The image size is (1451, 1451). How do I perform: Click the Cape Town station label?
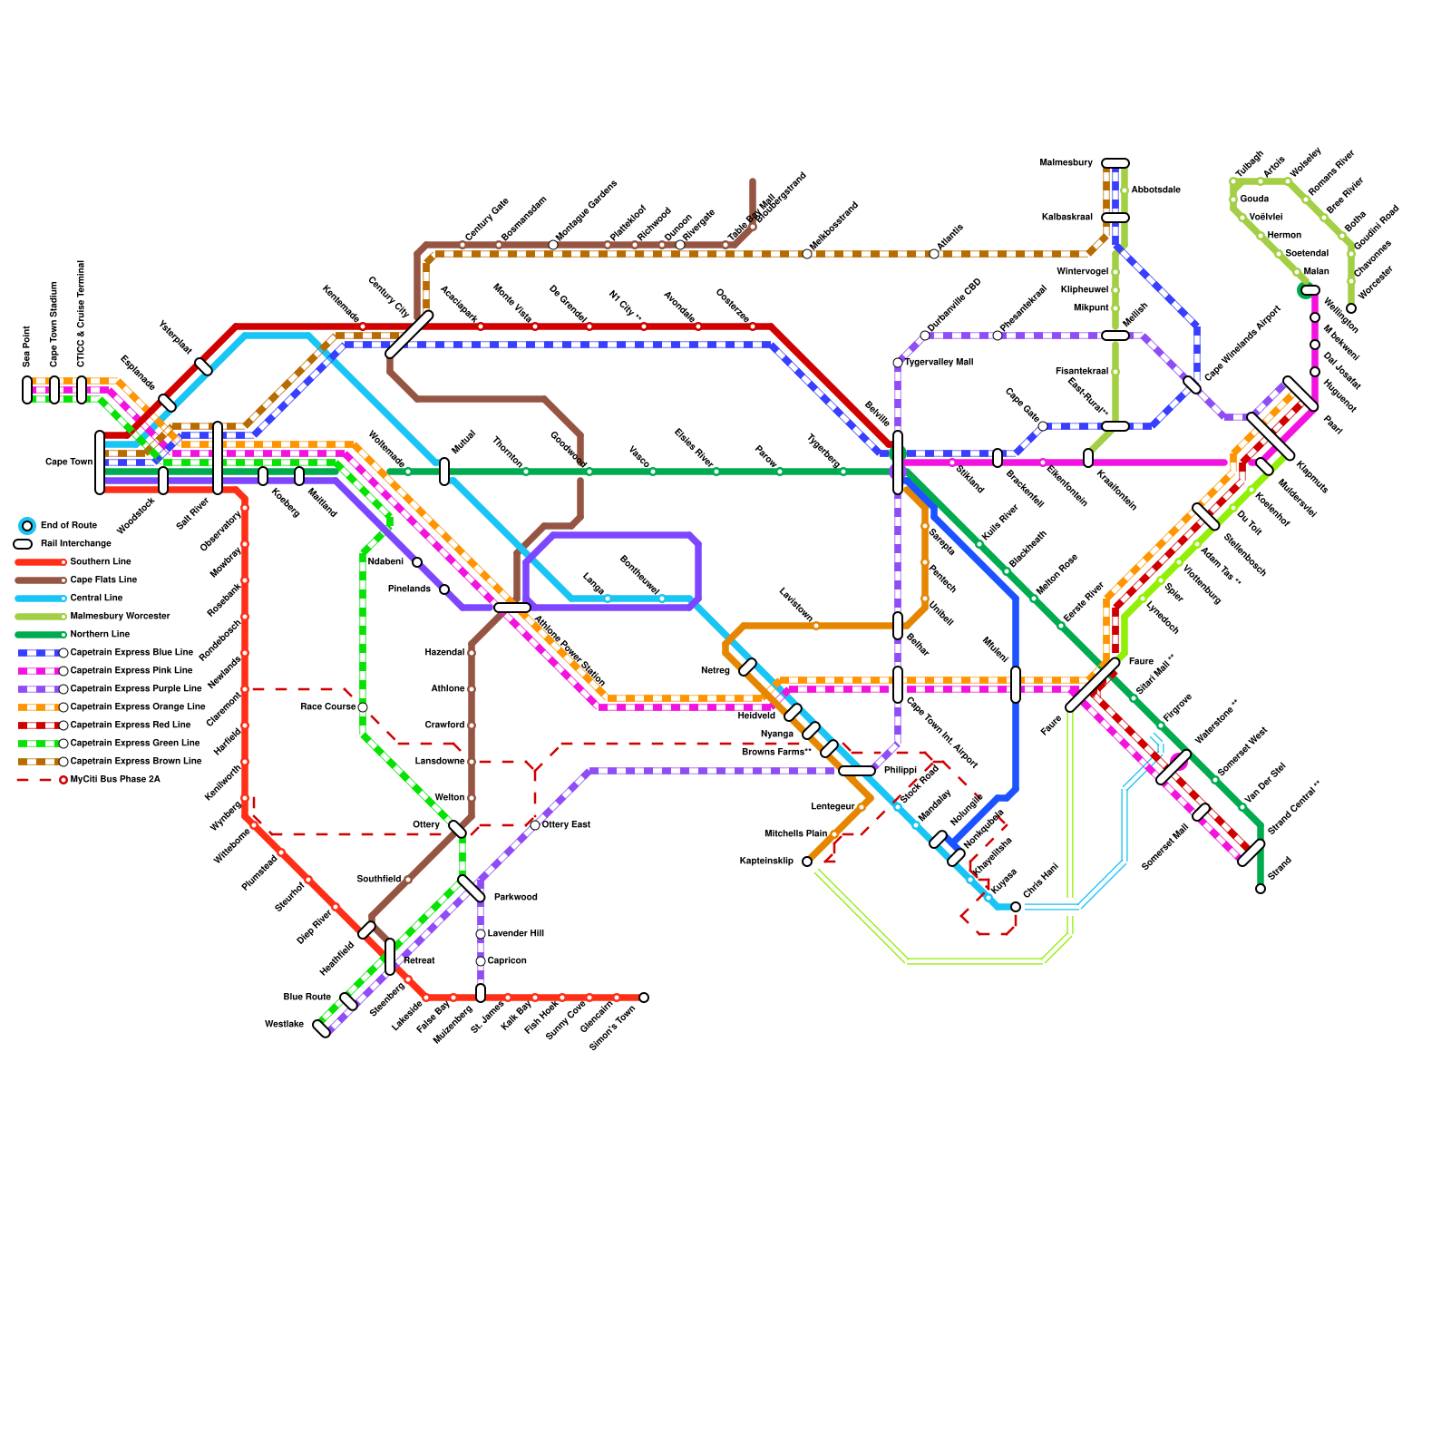pos(69,463)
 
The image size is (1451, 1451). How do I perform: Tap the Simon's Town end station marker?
pos(644,998)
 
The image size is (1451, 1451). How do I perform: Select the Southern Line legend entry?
pos(100,562)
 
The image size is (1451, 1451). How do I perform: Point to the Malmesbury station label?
pos(1066,163)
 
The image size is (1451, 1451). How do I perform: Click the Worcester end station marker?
pos(1351,308)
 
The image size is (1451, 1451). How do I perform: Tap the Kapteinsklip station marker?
pos(807,862)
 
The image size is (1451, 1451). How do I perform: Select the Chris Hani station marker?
pos(1016,907)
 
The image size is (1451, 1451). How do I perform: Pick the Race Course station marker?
pos(363,707)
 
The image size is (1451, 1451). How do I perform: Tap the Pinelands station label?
pos(409,589)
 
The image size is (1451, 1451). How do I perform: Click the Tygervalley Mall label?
pos(939,363)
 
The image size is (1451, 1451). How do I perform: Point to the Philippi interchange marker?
pos(856,771)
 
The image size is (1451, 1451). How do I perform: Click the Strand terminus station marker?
pos(1261,889)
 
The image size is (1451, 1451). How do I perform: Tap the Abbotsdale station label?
pos(1155,190)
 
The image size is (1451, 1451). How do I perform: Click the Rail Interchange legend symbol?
pos(23,544)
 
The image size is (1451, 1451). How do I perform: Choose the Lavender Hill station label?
pos(515,934)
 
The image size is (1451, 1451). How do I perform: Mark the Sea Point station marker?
pos(27,390)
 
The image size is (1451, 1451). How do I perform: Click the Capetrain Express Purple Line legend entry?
pos(135,689)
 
